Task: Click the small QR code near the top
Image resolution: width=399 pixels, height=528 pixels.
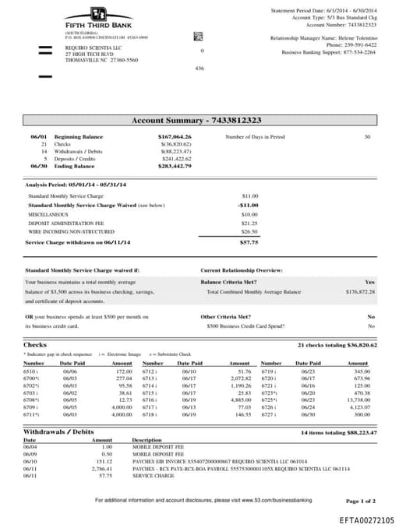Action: tap(198, 37)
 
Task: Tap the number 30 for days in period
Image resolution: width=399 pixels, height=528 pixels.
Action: tap(367, 136)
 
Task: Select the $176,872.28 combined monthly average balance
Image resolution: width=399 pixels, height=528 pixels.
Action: tap(360, 291)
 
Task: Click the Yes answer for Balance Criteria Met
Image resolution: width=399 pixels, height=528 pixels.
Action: tap(369, 281)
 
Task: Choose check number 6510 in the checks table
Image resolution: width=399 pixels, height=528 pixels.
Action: tap(33, 373)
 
